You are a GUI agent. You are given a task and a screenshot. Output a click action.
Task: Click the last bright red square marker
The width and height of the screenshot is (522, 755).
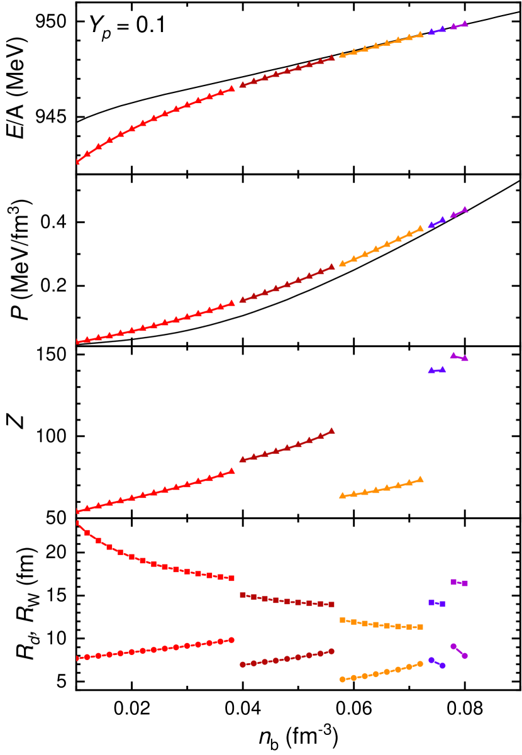click(x=231, y=578)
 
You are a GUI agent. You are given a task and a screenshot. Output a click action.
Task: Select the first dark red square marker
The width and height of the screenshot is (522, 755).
click(x=243, y=595)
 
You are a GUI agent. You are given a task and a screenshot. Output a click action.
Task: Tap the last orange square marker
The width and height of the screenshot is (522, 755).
click(x=420, y=627)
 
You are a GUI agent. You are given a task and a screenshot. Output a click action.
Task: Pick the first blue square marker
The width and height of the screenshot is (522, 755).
click(x=431, y=602)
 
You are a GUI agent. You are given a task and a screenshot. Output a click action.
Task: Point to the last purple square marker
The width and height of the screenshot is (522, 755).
click(x=465, y=583)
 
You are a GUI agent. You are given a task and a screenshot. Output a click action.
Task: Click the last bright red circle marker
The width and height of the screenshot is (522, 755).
click(x=231, y=640)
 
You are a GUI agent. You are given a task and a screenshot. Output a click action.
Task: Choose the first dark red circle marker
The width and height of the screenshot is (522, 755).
click(x=243, y=664)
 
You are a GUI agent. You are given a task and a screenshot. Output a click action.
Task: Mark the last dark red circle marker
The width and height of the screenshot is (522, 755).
click(x=331, y=651)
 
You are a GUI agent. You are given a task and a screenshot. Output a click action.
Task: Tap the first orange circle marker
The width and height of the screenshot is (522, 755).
click(x=342, y=679)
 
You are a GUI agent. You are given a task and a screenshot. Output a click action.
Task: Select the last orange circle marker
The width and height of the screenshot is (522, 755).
click(x=420, y=664)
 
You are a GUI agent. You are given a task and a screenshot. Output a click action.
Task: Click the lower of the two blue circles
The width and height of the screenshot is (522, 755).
click(x=443, y=666)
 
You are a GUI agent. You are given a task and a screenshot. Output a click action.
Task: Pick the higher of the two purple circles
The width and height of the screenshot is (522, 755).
click(x=453, y=646)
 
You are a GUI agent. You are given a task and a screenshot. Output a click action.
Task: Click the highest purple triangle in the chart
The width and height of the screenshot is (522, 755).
click(x=465, y=23)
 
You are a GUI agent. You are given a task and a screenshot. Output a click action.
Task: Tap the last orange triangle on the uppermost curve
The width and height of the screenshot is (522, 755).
click(x=420, y=35)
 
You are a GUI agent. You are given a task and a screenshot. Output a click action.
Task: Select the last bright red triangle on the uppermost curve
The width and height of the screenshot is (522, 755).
click(x=231, y=89)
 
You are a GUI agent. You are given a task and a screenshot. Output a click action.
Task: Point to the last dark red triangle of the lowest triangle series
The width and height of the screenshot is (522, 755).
click(x=331, y=431)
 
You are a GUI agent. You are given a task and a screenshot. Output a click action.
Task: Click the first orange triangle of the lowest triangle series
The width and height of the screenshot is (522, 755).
click(x=342, y=495)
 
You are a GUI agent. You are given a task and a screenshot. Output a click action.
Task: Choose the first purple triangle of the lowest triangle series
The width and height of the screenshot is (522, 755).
click(x=453, y=355)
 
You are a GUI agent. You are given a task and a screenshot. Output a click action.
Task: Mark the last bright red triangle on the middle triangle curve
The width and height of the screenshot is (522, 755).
click(x=231, y=303)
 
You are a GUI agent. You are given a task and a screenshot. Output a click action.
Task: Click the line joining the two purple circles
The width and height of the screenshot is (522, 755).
click(x=459, y=651)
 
